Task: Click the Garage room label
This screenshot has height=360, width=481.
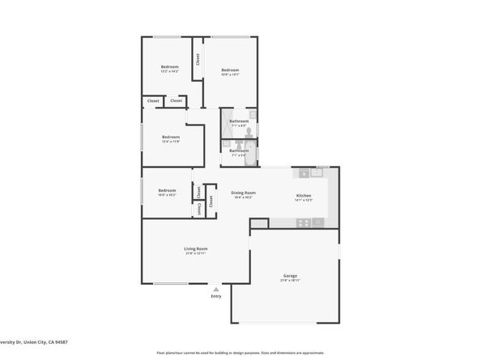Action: [290, 276]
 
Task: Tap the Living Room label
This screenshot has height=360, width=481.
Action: [195, 248]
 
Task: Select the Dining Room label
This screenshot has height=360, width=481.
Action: [243, 193]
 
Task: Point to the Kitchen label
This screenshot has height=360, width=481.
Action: [304, 195]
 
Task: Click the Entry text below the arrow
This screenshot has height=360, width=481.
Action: [216, 296]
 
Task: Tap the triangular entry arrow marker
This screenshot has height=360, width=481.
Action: [216, 288]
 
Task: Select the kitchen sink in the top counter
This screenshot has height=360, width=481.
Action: [317, 172]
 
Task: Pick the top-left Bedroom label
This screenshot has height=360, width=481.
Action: [169, 66]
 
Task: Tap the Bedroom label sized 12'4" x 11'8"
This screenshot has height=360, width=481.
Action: [170, 137]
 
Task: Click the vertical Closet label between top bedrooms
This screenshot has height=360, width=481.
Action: [197, 61]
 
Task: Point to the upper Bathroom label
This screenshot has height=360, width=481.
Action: [239, 121]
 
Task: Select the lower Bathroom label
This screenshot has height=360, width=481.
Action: [239, 150]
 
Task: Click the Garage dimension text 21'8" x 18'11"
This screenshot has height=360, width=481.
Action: [290, 281]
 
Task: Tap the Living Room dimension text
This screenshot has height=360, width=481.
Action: [195, 254]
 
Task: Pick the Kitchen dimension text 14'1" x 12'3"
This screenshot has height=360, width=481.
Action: [304, 200]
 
